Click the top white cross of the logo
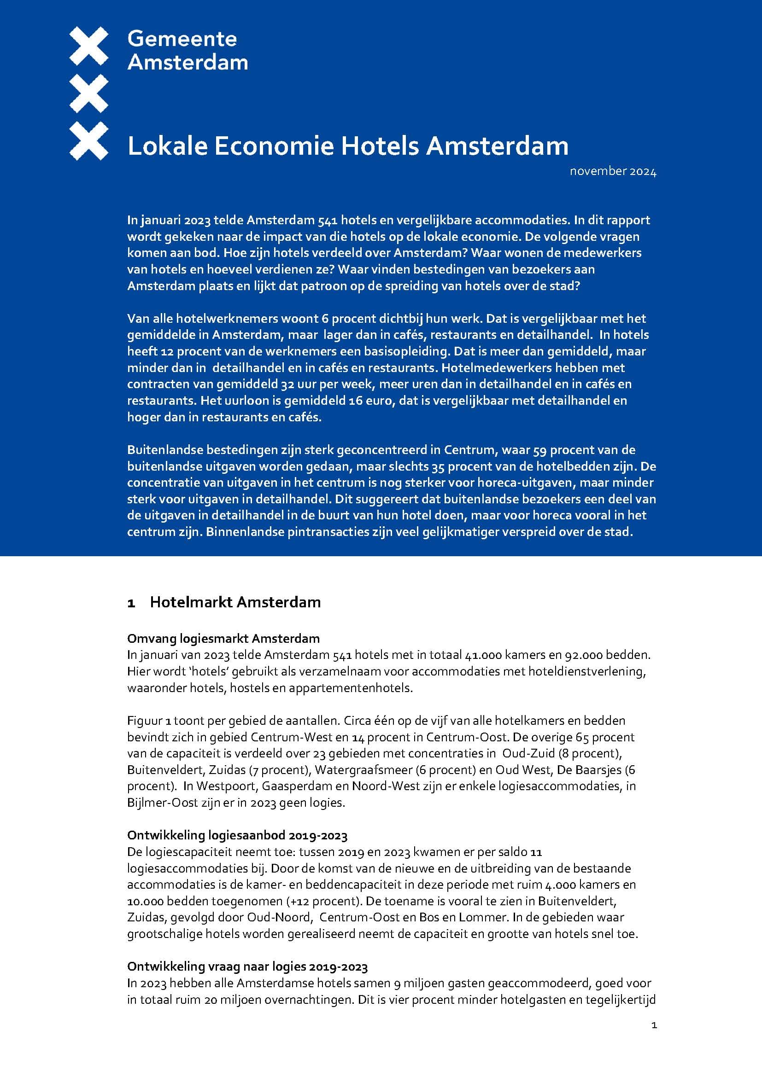(88, 46)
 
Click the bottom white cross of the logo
(88, 141)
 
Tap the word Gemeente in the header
(182, 39)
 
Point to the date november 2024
(613, 172)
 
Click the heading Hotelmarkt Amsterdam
(235, 602)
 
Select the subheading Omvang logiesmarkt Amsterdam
(223, 638)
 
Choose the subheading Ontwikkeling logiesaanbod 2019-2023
(237, 835)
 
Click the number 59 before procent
(540, 450)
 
